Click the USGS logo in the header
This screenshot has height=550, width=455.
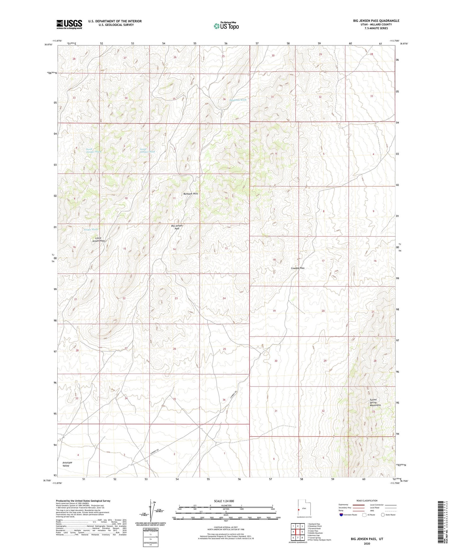point(69,24)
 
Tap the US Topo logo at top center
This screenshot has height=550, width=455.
point(226,26)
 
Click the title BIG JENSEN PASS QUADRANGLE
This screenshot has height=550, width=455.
point(376,21)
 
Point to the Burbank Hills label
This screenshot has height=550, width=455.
point(191,194)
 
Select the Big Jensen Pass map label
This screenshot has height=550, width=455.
point(177,227)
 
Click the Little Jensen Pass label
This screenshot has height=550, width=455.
point(98,239)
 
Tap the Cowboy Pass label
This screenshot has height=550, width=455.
point(298,268)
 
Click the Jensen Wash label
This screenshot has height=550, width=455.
point(91,230)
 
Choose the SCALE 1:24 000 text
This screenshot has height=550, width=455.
point(224,501)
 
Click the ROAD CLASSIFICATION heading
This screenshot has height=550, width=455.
point(367,501)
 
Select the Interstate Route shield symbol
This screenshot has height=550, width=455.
point(342,515)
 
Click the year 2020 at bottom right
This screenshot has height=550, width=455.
point(367,543)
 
